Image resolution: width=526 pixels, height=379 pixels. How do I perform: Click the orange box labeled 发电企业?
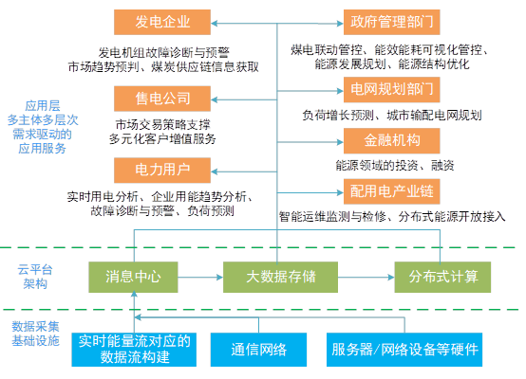[162, 22]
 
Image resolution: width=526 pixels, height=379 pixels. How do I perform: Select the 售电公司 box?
[162, 99]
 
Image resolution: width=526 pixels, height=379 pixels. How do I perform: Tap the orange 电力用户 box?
[162, 171]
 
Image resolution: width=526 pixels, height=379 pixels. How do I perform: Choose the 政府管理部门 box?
[392, 22]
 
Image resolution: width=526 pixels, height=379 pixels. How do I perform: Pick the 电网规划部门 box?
[392, 90]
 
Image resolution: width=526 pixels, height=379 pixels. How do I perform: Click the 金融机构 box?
[392, 140]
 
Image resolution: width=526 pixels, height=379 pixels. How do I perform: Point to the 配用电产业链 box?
[392, 191]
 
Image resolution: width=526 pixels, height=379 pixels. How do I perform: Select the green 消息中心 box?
[133, 278]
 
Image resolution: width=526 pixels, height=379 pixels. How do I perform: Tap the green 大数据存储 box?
[280, 278]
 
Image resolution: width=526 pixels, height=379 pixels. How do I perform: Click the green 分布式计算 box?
[442, 278]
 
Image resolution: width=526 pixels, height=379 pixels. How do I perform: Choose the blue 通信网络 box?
[258, 350]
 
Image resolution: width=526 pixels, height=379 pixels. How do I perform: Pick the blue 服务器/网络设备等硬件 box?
[404, 350]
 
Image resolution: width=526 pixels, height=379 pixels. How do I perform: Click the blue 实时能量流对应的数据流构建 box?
[134, 350]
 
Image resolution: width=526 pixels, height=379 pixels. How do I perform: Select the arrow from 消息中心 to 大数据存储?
[200, 278]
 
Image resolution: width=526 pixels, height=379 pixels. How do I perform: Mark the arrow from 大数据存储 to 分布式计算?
[366, 278]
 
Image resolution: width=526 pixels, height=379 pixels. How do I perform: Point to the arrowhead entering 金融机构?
[340, 142]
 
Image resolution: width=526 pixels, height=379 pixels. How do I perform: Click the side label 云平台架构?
[35, 277]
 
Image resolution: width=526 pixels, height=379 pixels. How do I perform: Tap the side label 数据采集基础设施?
[35, 334]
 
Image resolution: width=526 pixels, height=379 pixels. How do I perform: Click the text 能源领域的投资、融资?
[395, 166]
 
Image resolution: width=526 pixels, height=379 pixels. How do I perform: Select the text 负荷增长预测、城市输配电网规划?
[392, 116]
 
